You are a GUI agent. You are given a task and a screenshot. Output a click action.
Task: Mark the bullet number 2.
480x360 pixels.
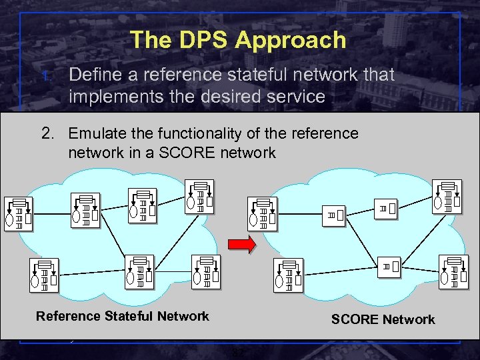pyautogui.click(x=47, y=133)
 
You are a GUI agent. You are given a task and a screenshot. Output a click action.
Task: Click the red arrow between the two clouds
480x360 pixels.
pyautogui.click(x=242, y=245)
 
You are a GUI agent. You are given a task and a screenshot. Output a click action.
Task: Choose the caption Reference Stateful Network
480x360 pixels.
pyautogui.click(x=123, y=316)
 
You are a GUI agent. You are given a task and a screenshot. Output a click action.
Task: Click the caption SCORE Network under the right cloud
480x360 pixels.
pyautogui.click(x=383, y=319)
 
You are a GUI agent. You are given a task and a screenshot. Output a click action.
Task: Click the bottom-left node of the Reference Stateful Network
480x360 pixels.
pyautogui.click(x=44, y=275)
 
